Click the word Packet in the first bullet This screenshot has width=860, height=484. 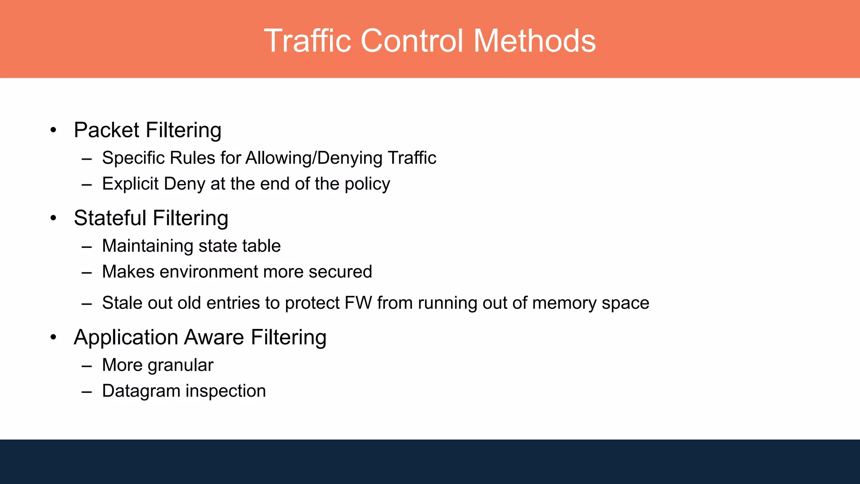coord(106,130)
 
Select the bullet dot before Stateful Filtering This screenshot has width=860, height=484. coord(53,218)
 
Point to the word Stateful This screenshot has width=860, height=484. coord(110,218)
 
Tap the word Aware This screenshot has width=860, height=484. coord(214,337)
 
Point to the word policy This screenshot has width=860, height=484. coord(367,184)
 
